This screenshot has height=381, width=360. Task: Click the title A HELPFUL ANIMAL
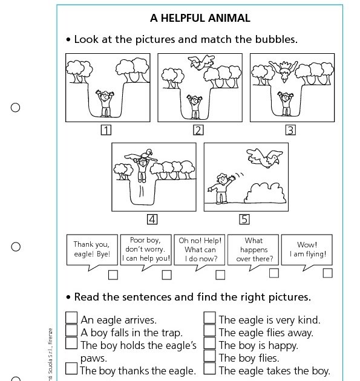click(200, 18)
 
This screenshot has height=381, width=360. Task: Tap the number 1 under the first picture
click(106, 130)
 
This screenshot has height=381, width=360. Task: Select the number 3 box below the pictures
click(290, 130)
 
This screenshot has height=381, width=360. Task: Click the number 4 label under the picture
click(152, 219)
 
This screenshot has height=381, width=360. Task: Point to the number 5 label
click(244, 219)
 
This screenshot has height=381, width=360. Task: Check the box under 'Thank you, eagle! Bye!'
click(113, 275)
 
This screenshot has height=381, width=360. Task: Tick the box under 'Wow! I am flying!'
click(327, 273)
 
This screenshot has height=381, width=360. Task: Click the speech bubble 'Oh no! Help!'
click(200, 250)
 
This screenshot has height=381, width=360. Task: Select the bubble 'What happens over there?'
click(254, 249)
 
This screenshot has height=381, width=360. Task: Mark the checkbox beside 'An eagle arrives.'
click(71, 318)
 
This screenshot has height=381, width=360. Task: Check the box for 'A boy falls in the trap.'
click(71, 331)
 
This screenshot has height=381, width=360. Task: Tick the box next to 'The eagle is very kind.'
click(209, 318)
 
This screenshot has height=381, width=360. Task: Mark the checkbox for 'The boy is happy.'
click(209, 344)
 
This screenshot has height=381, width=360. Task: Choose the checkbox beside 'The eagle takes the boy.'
click(209, 369)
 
